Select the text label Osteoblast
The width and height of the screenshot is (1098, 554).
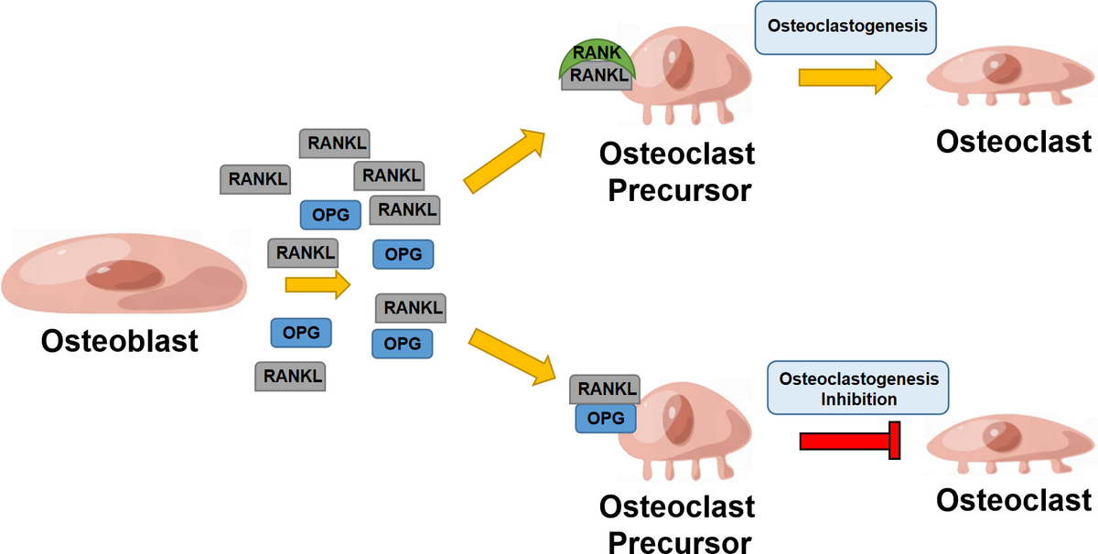point(119,341)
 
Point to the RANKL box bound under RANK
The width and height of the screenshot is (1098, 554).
point(599,78)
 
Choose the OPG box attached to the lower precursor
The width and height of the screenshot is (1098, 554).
point(605,418)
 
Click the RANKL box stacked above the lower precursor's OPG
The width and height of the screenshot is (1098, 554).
point(607,389)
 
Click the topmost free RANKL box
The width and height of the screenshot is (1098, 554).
point(334,144)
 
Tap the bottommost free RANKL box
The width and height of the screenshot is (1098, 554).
point(291,375)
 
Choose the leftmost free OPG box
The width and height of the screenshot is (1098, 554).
point(301,333)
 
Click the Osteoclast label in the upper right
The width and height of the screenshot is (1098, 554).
point(1013,142)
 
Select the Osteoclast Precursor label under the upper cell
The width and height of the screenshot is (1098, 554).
point(676,171)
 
